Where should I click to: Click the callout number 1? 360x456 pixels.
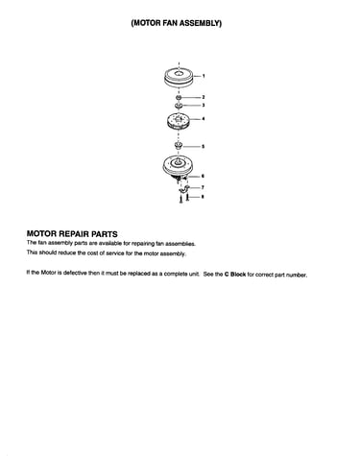click(204, 76)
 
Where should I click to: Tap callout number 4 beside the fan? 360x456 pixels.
click(204, 119)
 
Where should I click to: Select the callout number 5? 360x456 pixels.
click(203, 147)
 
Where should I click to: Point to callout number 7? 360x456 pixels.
click(203, 187)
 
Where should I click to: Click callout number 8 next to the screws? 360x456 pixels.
click(203, 197)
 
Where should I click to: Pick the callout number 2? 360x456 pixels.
click(204, 97)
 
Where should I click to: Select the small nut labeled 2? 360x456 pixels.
click(179, 97)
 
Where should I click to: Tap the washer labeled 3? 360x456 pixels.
click(179, 106)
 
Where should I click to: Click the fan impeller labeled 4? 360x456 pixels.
click(179, 122)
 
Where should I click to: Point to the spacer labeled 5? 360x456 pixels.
click(179, 146)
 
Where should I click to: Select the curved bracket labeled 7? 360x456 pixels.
click(184, 190)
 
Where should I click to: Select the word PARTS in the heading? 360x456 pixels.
click(105, 234)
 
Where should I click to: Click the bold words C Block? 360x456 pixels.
click(235, 275)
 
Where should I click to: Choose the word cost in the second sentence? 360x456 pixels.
click(92, 252)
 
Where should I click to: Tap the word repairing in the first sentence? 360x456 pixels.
click(143, 243)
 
